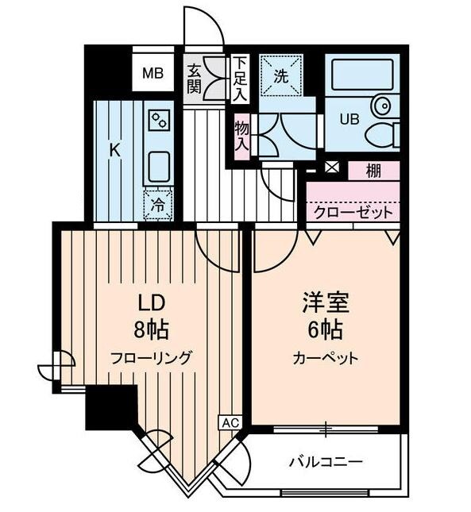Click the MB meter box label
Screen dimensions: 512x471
pos(152,75)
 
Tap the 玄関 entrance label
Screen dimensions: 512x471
pos(195,77)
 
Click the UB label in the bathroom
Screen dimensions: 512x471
pos(349,121)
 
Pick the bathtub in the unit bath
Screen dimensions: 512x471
pos(362,78)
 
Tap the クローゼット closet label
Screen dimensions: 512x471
pos(353,212)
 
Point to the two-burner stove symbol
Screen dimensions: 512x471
pos(160,121)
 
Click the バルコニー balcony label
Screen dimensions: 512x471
pos(326,461)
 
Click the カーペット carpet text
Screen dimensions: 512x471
pos(325,357)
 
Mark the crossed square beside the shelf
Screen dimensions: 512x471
pos(331,168)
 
